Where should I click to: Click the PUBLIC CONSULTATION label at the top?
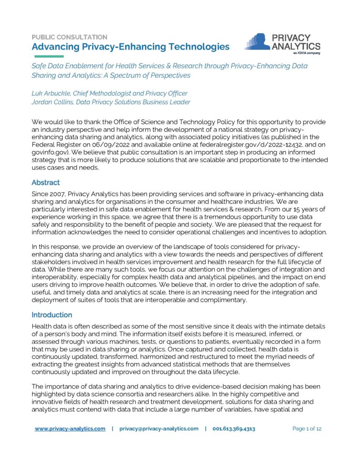[x=70, y=37]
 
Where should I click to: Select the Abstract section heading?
[x=46, y=182]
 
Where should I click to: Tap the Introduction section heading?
[x=52, y=315]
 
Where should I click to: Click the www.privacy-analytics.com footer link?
[x=70, y=429]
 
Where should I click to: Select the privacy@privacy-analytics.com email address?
[x=159, y=429]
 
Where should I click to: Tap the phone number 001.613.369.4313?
[x=234, y=429]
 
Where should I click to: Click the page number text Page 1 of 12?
[x=307, y=429]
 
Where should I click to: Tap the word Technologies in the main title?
[x=191, y=46]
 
